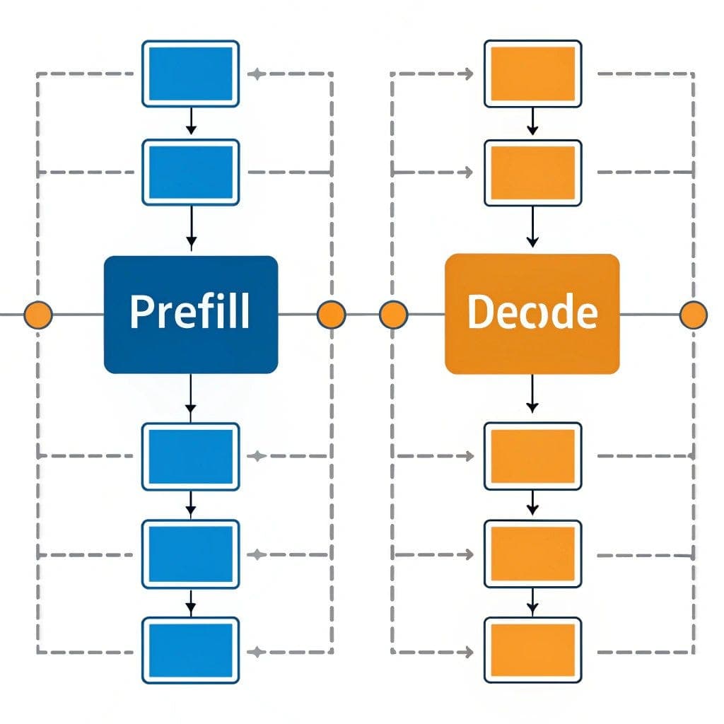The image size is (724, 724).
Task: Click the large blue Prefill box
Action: pyautogui.click(x=191, y=314)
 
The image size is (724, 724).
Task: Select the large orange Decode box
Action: pyautogui.click(x=532, y=314)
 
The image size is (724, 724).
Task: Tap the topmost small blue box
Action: pyautogui.click(x=191, y=74)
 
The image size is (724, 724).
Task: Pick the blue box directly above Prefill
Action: pyautogui.click(x=191, y=172)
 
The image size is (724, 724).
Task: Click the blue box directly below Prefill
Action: pyautogui.click(x=191, y=456)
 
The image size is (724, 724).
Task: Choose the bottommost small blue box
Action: pyautogui.click(x=191, y=650)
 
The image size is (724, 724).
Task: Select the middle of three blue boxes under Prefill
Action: pyautogui.click(x=191, y=554)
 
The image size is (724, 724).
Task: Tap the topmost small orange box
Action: pyautogui.click(x=532, y=74)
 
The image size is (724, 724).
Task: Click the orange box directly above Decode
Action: pyautogui.click(x=532, y=173)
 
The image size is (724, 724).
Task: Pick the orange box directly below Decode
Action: pyautogui.click(x=532, y=456)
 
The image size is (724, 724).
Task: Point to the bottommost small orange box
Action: pyautogui.click(x=532, y=650)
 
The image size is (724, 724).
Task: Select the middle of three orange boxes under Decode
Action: pyautogui.click(x=532, y=554)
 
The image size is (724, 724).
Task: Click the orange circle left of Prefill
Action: pyautogui.click(x=38, y=314)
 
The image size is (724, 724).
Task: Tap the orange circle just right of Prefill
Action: pyautogui.click(x=331, y=314)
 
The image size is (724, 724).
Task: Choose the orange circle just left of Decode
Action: pyautogui.click(x=393, y=314)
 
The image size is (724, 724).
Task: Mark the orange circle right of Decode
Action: pyautogui.click(x=693, y=314)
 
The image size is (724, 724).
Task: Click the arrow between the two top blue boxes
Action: pyautogui.click(x=191, y=122)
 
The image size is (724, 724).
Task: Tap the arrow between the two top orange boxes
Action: pyautogui.click(x=532, y=122)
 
